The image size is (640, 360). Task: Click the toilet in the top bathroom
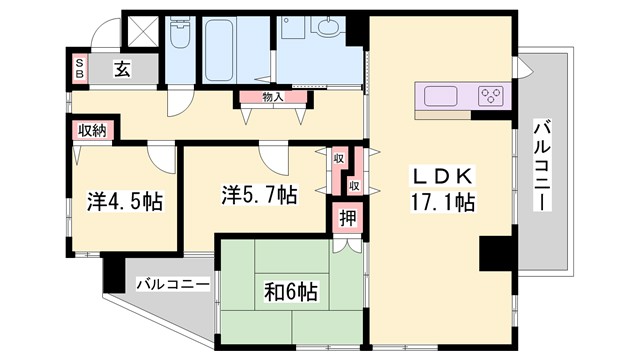[179, 35]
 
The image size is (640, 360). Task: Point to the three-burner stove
[490, 97]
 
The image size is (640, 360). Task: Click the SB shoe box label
[81, 69]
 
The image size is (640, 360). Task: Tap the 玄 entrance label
[119, 69]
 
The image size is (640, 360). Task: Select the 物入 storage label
[273, 97]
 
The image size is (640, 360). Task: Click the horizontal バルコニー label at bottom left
[172, 285]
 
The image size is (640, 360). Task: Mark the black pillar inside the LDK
[495, 253]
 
